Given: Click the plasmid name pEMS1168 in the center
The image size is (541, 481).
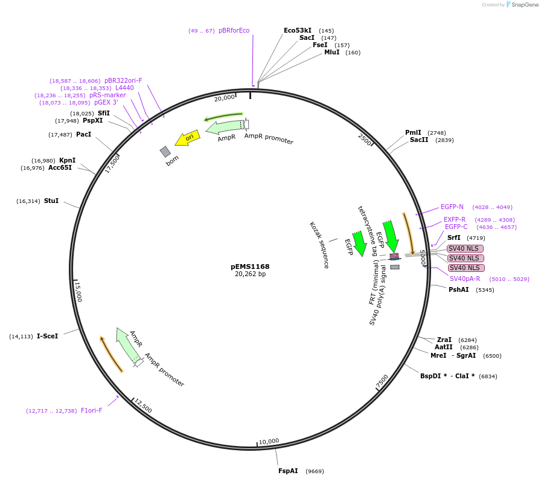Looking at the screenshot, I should (x=250, y=266).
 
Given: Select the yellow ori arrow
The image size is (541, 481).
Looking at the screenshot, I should (x=187, y=139).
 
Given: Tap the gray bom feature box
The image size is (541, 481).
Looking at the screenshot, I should (x=165, y=152).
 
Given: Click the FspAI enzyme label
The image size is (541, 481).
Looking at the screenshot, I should (x=288, y=471).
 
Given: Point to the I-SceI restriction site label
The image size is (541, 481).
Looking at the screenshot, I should (x=47, y=336).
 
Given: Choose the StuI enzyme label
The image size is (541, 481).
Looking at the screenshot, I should (x=51, y=201).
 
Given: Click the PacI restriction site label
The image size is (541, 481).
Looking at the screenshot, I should (x=83, y=134).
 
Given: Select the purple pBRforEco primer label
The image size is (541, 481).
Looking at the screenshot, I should (x=234, y=30).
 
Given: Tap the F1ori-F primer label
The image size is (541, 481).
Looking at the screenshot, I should (x=92, y=410).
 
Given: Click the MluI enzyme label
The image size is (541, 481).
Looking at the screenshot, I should (x=331, y=53).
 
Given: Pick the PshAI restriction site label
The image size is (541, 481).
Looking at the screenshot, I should (x=458, y=290).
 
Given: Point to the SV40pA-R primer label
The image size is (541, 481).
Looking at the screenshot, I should (x=465, y=279).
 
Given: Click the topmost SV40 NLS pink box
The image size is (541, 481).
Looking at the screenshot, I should (x=465, y=248).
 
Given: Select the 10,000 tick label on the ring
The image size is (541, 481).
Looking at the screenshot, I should (x=269, y=441).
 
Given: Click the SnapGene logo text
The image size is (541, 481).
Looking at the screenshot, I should (x=523, y=5).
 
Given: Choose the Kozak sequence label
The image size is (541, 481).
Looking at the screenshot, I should (x=320, y=245).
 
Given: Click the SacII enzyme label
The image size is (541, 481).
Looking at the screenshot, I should (x=418, y=140).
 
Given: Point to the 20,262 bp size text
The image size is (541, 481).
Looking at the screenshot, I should (x=250, y=274).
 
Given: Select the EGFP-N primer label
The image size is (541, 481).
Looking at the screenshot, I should (x=452, y=207).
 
